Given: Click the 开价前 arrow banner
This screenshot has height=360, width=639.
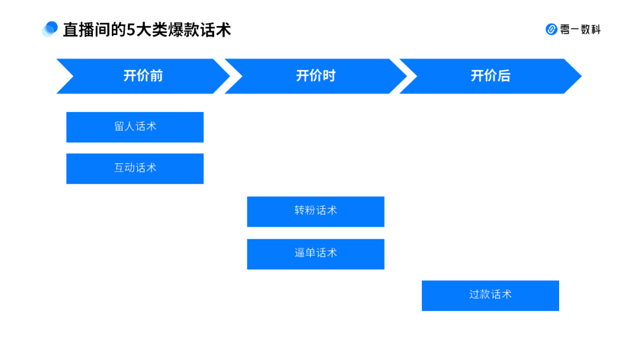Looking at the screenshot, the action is (x=143, y=76).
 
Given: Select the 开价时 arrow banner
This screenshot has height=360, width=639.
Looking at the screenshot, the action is (x=316, y=76).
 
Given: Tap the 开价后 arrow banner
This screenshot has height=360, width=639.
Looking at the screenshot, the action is (x=490, y=76).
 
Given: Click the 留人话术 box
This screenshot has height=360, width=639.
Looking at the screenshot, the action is (x=135, y=127).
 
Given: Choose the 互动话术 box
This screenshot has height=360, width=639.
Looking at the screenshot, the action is (x=135, y=169).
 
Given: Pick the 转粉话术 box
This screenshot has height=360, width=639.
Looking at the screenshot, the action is (x=316, y=211).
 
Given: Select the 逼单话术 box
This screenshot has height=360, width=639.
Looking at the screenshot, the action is (x=316, y=254).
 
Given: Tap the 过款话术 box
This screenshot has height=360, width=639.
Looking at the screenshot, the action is (x=490, y=295).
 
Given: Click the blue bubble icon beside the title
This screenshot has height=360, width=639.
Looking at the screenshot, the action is (x=50, y=29).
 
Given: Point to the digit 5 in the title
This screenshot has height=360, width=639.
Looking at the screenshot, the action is (x=131, y=30).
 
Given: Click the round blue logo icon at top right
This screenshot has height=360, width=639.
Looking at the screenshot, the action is (x=551, y=30).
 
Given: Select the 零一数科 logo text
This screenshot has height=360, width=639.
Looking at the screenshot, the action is (x=580, y=30).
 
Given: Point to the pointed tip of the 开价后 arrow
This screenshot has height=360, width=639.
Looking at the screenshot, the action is (x=582, y=76).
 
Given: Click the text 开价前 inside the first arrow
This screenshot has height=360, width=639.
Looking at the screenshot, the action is (x=143, y=76).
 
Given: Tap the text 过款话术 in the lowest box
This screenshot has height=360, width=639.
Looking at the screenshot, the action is (x=490, y=294).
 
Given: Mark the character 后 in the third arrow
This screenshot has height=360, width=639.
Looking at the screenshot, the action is (x=504, y=76).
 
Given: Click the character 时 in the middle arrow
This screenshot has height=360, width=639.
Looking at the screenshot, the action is (x=329, y=76).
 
